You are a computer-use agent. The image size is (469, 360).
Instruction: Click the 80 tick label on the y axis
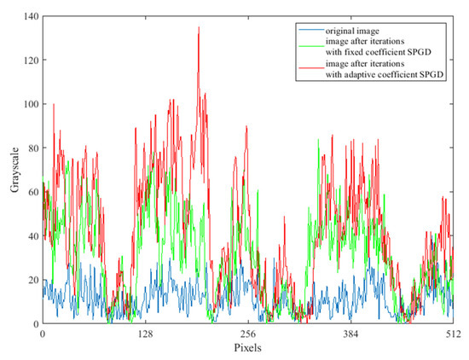[x=32, y=148]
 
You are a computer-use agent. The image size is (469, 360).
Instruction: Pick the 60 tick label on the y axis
[x=32, y=192]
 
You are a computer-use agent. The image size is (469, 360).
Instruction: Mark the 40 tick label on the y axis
[x=32, y=236]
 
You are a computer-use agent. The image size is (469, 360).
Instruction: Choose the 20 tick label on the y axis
[x=32, y=280]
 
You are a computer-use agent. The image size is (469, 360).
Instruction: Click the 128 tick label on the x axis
[x=145, y=334]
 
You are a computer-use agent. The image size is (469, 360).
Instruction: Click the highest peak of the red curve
[x=199, y=27]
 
